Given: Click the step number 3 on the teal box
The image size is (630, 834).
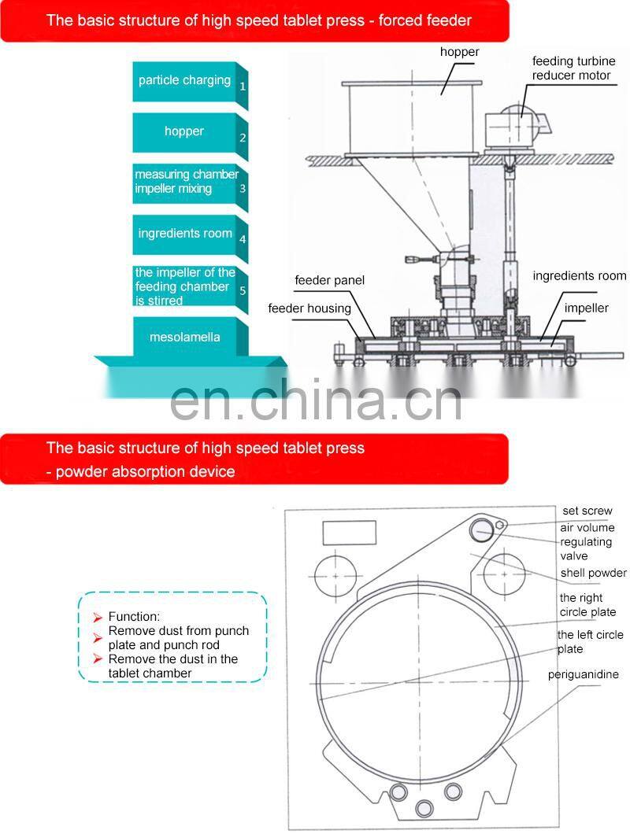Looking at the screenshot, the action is (243, 188).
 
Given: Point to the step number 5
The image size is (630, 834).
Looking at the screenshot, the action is (243, 290).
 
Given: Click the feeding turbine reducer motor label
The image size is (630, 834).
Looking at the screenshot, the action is (573, 68).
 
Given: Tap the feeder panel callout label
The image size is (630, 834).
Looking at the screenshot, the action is (330, 280).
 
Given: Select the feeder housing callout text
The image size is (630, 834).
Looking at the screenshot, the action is (309, 308).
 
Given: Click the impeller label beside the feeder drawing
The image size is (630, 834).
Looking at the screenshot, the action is (587, 308).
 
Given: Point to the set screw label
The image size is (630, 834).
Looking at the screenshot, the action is (587, 511).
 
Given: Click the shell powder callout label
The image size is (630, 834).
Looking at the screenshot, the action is (593, 573).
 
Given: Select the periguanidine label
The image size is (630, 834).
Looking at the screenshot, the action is (583, 674).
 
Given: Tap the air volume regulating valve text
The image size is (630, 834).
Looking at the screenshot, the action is (587, 541).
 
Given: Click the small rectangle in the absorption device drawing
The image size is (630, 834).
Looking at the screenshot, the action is (350, 533).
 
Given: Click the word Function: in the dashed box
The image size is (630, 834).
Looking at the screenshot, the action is (134, 617).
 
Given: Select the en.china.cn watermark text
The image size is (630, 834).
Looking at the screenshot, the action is (315, 399).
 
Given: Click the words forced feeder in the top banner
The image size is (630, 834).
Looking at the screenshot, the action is (425, 20).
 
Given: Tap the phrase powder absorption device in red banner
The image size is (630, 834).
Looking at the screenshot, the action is (145, 472).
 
